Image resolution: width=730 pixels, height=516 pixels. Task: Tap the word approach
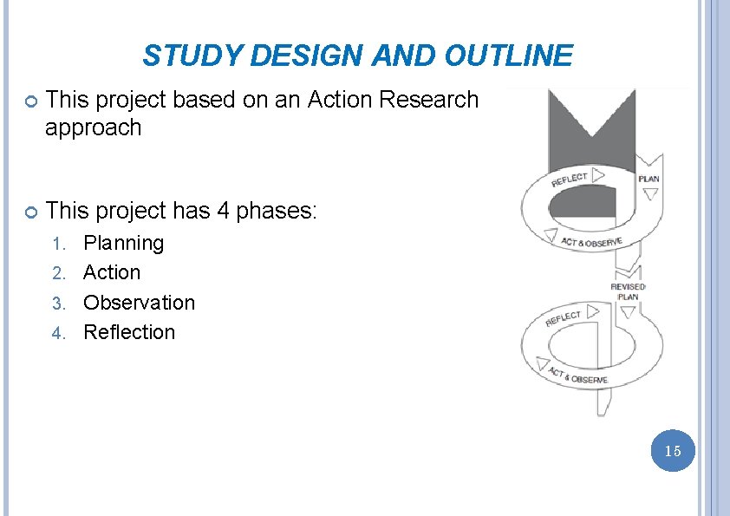pos(93,127)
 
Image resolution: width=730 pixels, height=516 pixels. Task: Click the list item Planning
pos(123,243)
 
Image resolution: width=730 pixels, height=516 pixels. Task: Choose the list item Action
pos(111,272)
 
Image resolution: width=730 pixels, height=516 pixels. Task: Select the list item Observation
pos(139,303)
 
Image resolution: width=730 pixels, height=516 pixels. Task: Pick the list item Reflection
pos(129,332)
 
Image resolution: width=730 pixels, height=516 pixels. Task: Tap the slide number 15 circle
pos(673,450)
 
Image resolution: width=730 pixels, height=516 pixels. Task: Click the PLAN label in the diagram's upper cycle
pos(649,179)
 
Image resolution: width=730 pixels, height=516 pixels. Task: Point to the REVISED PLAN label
pos(628,291)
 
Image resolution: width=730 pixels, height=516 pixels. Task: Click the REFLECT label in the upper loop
pos(570,180)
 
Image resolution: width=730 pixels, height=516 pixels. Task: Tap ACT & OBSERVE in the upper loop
pos(591,242)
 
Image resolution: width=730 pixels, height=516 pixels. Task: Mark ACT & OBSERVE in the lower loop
pos(578,376)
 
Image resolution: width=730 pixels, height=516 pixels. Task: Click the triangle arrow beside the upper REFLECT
pos(598,175)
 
